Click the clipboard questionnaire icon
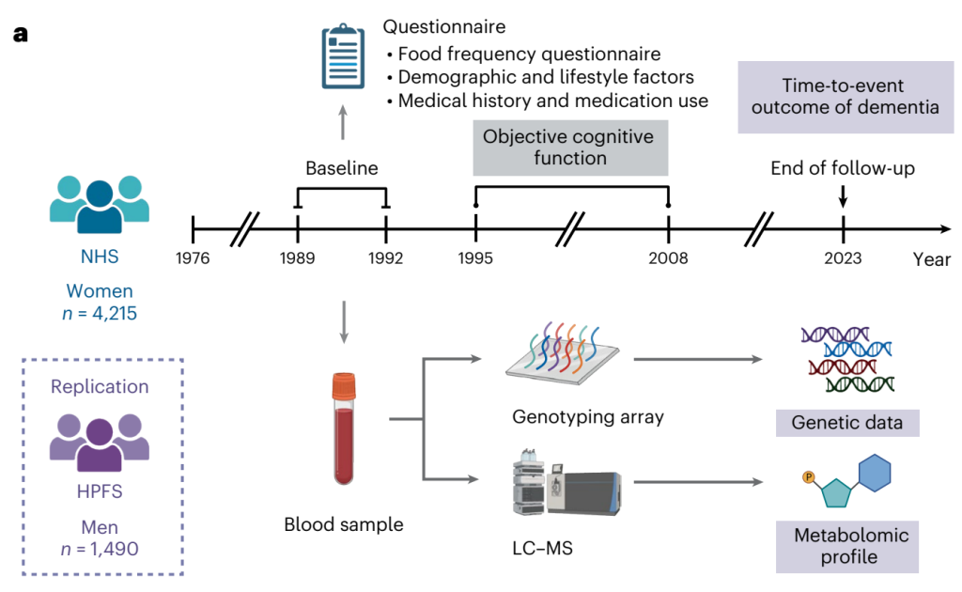[342, 59]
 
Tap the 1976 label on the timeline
[193, 258]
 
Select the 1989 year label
[297, 258]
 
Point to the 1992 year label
[386, 258]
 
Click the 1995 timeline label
[475, 258]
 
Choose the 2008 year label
[668, 258]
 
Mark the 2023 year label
[843, 258]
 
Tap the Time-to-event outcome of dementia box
[840, 96]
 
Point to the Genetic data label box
[846, 423]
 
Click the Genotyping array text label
[588, 416]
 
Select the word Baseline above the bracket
[341, 169]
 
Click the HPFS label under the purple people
[99, 491]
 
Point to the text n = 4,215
[99, 313]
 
